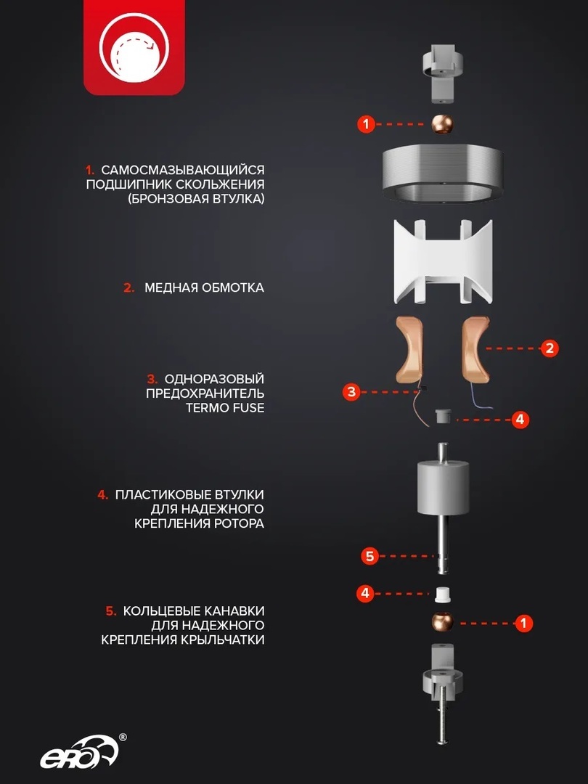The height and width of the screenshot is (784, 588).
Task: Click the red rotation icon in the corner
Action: [134, 47]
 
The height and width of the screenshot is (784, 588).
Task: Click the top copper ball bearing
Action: [442, 123]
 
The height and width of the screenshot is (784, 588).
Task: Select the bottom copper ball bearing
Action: [443, 622]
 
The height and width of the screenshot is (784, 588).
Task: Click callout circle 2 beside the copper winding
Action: [550, 348]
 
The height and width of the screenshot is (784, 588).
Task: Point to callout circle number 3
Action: [351, 391]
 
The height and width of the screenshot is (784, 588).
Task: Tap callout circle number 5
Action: [369, 555]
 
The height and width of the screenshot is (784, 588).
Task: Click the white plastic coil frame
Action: [443, 261]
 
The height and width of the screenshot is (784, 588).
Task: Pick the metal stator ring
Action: [443, 174]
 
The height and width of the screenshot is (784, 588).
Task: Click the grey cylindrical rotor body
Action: [443, 487]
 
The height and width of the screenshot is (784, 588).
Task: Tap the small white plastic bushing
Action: [443, 594]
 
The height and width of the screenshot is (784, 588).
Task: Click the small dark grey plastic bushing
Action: [443, 415]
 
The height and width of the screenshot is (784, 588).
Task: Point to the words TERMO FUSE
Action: [225, 407]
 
